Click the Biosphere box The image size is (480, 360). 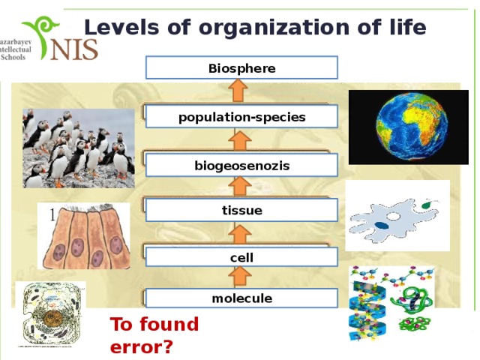pyautogui.click(x=241, y=68)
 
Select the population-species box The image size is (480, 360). pyautogui.click(x=241, y=117)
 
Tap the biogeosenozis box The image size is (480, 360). pyautogui.click(x=241, y=165)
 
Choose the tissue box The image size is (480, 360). pyautogui.click(x=241, y=211)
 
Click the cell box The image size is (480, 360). pyautogui.click(x=241, y=257)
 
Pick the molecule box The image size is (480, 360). pyautogui.click(x=241, y=298)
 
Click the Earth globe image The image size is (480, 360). pyautogui.click(x=409, y=127)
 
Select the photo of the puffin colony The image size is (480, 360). pyautogui.click(x=78, y=148)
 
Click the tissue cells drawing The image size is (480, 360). pyautogui.click(x=83, y=236)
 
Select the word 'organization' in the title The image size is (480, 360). pyautogui.click(x=262, y=28)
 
